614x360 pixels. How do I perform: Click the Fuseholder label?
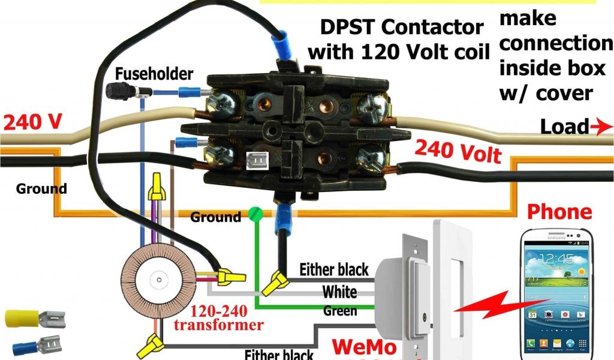pyautogui.click(x=154, y=74)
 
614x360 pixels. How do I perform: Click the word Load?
pyautogui.click(x=564, y=127)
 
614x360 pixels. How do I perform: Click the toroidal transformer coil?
pyautogui.click(x=158, y=278)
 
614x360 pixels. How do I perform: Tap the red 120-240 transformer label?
pyautogui.click(x=226, y=319)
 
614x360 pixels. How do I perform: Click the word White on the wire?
pyautogui.click(x=339, y=292)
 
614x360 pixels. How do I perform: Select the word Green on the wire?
pyautogui.click(x=340, y=311)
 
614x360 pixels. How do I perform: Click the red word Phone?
pyautogui.click(x=559, y=212)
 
